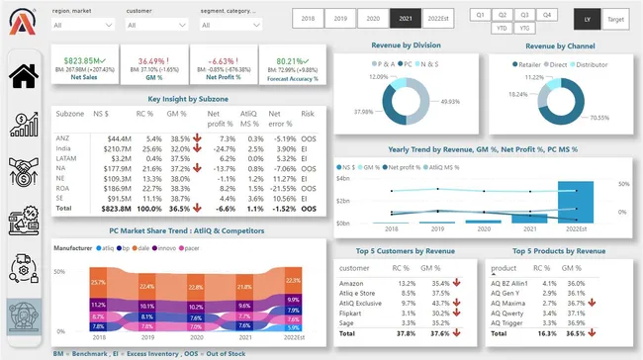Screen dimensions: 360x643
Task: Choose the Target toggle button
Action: point(614,18)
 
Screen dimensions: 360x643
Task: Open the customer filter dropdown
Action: point(156,25)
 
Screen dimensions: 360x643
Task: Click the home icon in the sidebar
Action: point(28,75)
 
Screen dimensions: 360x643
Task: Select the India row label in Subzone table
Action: point(64,147)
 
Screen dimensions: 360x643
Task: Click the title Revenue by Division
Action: point(405,45)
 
